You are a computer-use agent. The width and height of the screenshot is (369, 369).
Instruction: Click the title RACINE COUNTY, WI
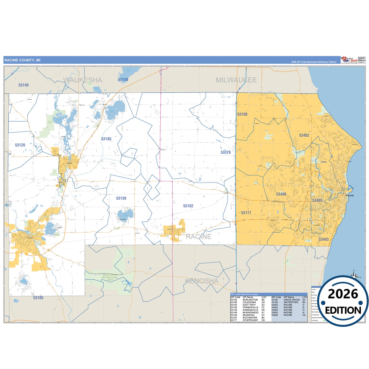(22, 60)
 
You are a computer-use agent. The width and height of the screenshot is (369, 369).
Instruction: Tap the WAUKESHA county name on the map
(83, 80)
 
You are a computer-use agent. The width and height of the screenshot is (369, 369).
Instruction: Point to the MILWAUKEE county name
(236, 80)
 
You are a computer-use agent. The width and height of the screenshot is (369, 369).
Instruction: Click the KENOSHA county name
(202, 281)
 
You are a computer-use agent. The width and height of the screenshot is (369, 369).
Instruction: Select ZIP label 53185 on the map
(106, 139)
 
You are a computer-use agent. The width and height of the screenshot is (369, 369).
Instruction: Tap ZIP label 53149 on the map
(23, 85)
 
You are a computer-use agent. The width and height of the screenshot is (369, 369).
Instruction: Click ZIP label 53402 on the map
(304, 135)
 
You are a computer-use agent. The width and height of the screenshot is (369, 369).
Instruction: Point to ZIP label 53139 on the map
(121, 198)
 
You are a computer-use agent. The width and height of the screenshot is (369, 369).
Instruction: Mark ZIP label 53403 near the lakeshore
(324, 239)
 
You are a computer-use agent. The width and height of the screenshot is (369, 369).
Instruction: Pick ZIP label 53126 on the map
(225, 152)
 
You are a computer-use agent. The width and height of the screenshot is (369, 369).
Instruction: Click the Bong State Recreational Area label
(110, 278)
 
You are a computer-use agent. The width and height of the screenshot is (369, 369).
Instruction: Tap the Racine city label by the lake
(350, 195)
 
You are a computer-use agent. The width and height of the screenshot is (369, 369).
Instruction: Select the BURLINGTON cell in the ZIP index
(250, 300)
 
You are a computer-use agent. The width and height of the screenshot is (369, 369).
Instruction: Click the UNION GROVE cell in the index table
(292, 300)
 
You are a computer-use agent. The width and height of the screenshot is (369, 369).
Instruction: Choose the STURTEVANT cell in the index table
(250, 320)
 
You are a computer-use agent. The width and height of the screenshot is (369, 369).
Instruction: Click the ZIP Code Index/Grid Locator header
(244, 294)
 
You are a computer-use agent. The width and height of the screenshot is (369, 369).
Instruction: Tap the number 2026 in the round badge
(343, 294)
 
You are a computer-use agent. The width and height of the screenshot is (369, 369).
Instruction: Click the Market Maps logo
(349, 60)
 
